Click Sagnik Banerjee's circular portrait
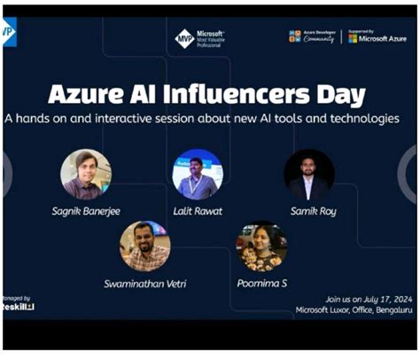coord(86,174)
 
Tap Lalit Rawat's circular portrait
coord(197,174)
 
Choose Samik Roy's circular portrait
coord(308,174)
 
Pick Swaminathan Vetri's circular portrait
coord(144,246)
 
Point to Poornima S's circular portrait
coord(261,246)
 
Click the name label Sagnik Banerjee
coord(86,211)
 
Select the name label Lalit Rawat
coord(197,211)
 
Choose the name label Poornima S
coord(261,283)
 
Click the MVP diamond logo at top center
coord(183,39)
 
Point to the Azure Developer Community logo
coord(312,37)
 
